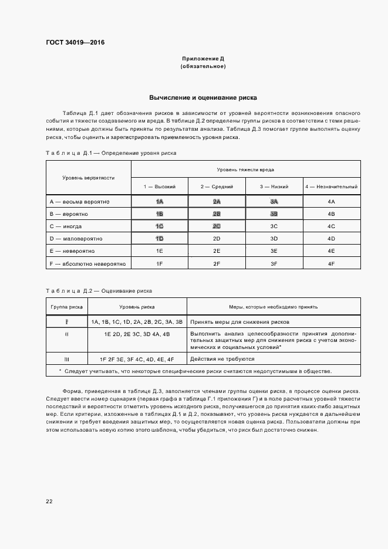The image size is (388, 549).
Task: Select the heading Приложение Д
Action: tap(203, 59)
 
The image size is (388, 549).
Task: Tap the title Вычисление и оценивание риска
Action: tap(203, 97)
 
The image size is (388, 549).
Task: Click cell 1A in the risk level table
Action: tap(159, 201)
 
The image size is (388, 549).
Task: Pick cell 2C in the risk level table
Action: tap(217, 226)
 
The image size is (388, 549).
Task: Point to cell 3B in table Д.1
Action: tap(274, 213)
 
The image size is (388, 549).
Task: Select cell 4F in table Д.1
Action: tap(331, 263)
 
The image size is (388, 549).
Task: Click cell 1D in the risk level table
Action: tap(159, 238)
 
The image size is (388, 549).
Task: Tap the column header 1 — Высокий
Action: tap(159, 187)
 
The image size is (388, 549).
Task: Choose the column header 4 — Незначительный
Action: tap(331, 187)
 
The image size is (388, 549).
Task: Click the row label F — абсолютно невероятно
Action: tap(88, 263)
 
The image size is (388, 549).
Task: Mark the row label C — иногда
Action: tap(66, 226)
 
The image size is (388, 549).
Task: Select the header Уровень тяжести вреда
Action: tap(245, 169)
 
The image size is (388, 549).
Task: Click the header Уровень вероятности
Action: tap(89, 177)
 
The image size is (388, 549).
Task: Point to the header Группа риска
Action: tap(66, 306)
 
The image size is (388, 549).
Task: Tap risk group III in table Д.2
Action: tap(66, 358)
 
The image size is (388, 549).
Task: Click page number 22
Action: tap(49, 501)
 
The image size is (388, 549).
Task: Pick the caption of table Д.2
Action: tap(99, 290)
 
